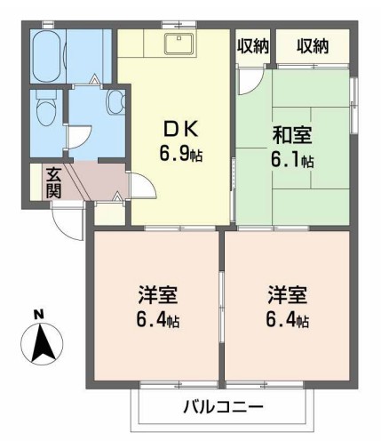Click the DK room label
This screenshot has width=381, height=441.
click(181, 130)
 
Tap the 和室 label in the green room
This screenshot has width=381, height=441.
click(292, 135)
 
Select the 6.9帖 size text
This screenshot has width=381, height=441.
click(181, 154)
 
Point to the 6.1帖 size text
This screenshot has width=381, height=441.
click(292, 160)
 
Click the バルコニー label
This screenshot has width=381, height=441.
click(223, 406)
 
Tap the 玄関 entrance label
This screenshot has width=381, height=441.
click(54, 183)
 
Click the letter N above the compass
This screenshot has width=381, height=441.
click(38, 314)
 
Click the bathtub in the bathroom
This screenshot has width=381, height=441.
click(47, 56)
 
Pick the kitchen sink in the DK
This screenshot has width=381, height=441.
click(179, 44)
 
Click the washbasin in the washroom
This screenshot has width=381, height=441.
click(115, 102)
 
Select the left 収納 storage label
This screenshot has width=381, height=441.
click(253, 46)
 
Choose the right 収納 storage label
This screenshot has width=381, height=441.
click(313, 46)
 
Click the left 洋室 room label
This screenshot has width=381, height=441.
click(157, 295)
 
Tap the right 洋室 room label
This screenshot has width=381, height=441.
click(288, 295)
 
